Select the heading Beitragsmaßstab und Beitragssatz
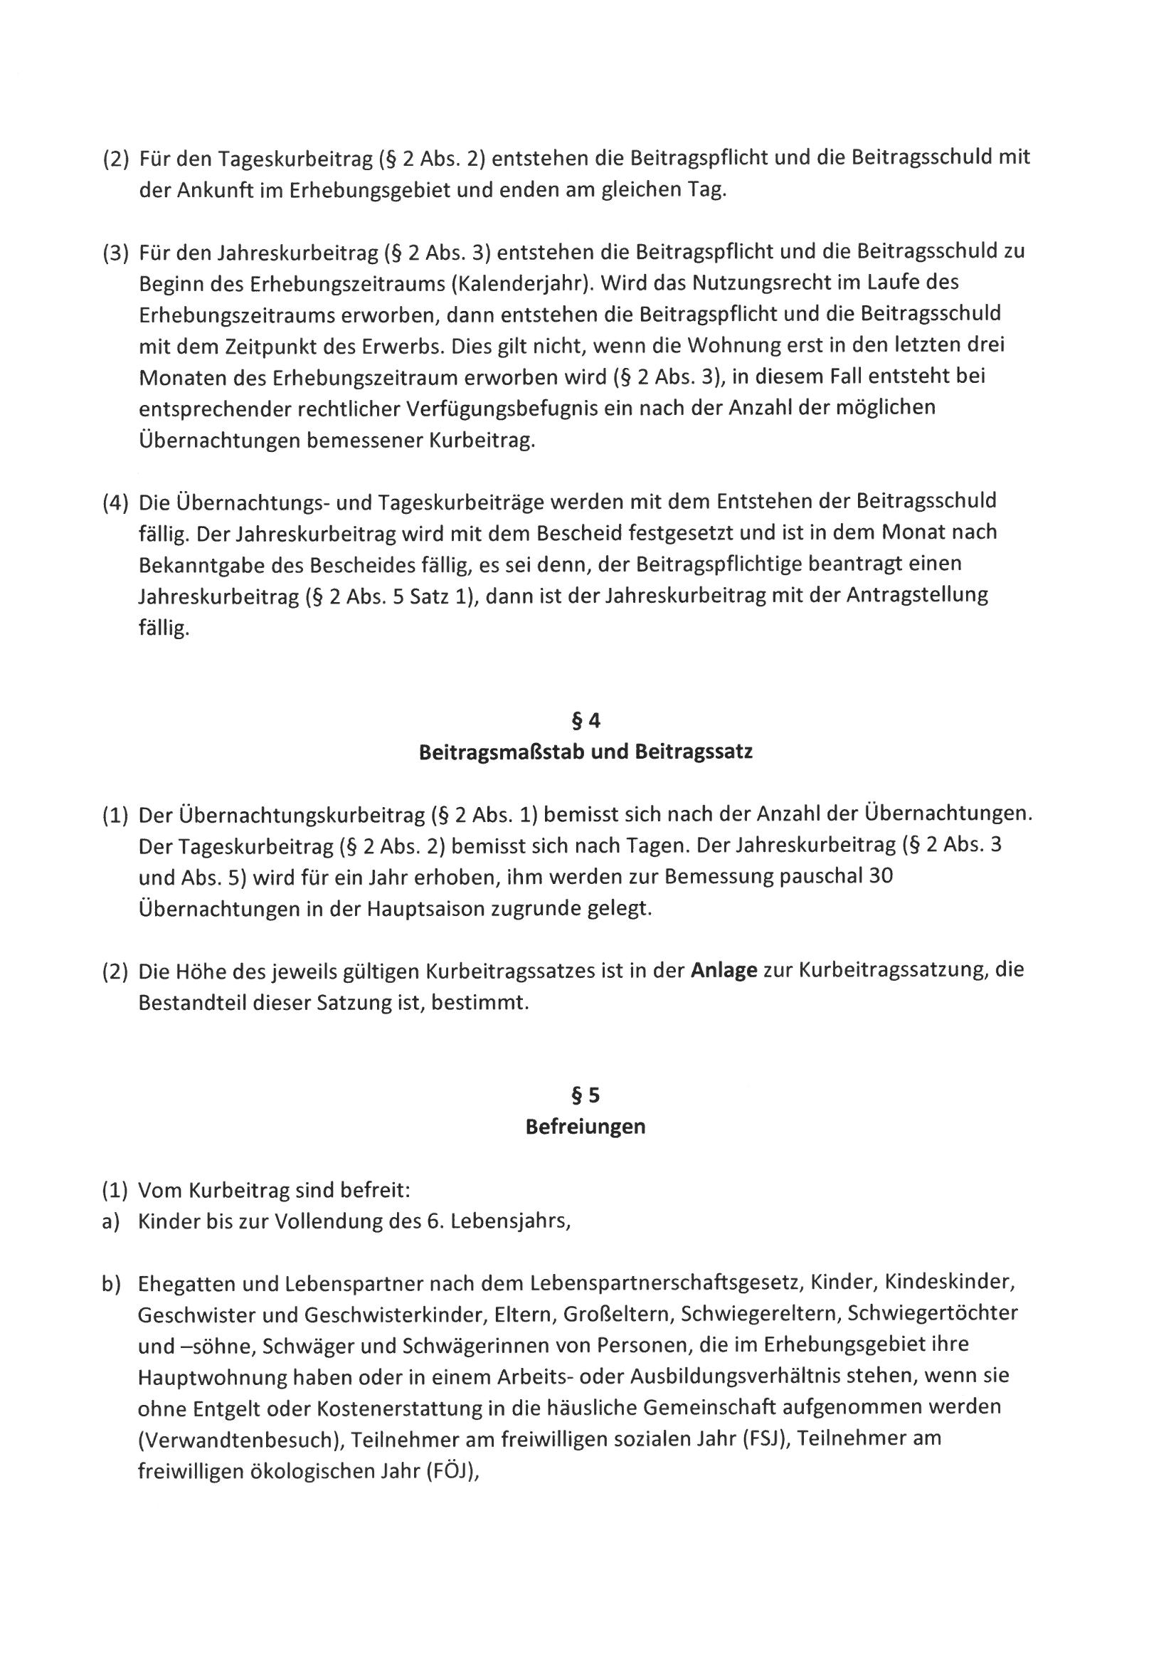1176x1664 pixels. (586, 752)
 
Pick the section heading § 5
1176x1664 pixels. (586, 1095)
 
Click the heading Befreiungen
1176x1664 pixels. (586, 1127)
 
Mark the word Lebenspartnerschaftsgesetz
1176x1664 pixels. (666, 1284)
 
